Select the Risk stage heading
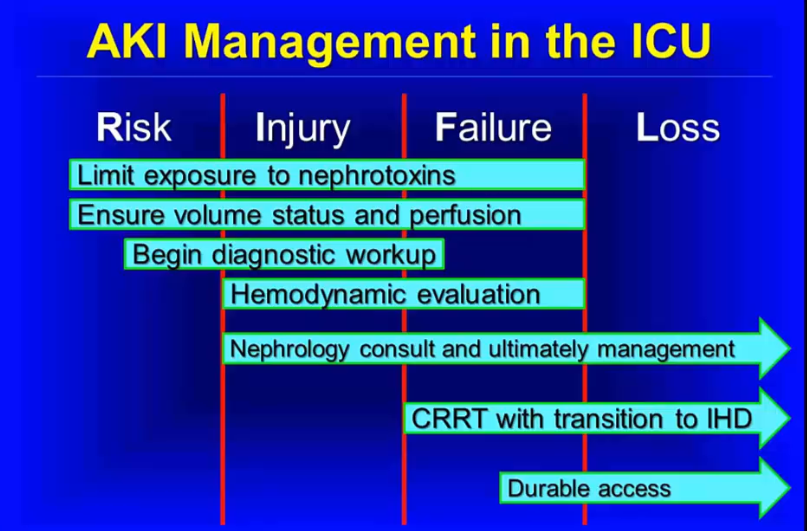click(134, 128)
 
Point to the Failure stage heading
click(493, 128)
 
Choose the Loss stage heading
click(678, 128)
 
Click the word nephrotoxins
click(377, 176)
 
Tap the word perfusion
click(465, 216)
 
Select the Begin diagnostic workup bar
click(284, 254)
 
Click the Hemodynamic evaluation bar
click(404, 294)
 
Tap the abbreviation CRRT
click(449, 418)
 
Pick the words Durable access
click(589, 488)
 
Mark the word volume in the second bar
click(217, 215)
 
